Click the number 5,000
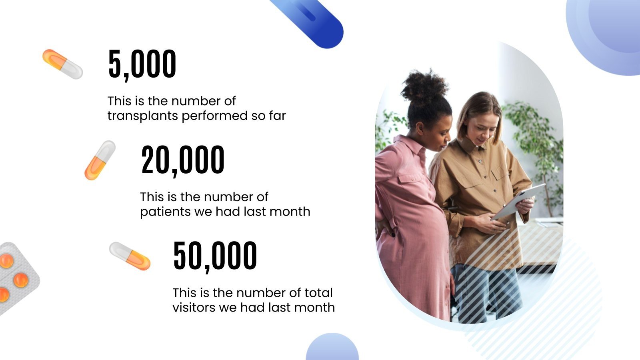[x=142, y=64]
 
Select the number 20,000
[x=183, y=160]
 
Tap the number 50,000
[x=215, y=256]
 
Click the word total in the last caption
[x=318, y=293]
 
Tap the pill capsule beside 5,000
[x=62, y=64]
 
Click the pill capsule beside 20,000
[x=100, y=160]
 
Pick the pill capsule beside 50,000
[x=130, y=256]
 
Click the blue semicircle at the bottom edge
[x=332, y=348]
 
